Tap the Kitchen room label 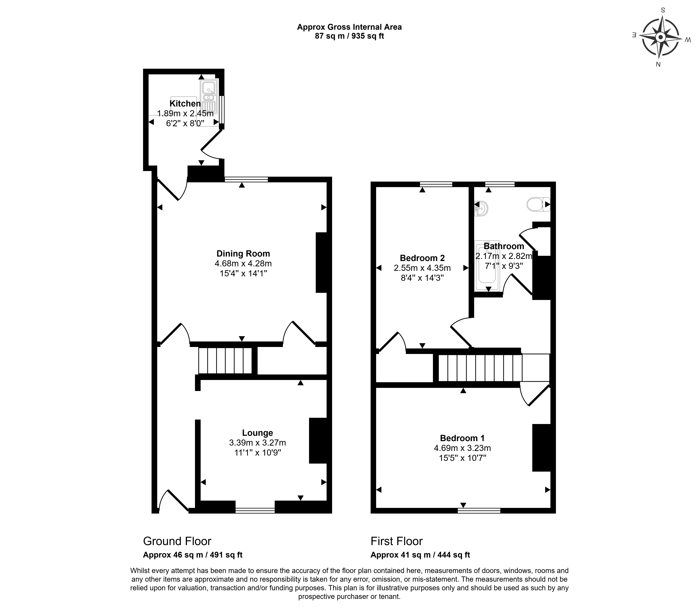(185, 104)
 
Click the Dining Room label (243, 253)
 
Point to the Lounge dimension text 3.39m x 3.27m (257, 443)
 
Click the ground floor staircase (225, 361)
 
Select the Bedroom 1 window (479, 511)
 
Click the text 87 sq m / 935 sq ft (349, 36)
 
